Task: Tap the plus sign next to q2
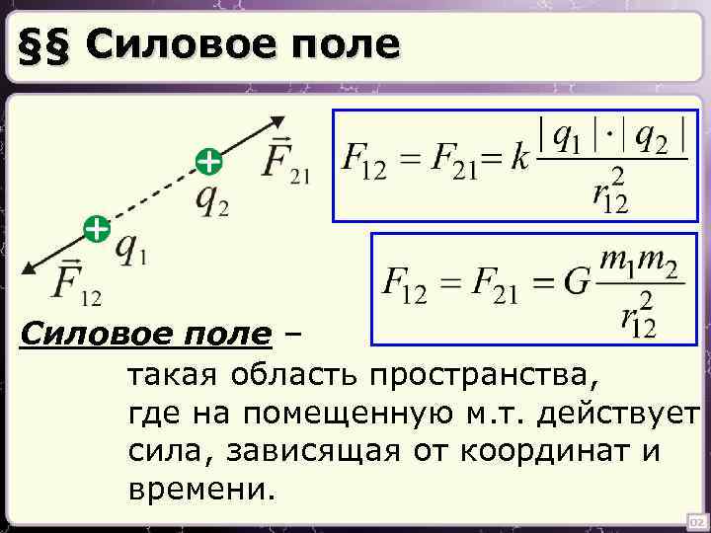point(207,160)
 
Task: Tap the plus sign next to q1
point(95,230)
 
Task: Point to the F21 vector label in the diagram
point(284,162)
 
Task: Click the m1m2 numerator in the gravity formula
point(641,264)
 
